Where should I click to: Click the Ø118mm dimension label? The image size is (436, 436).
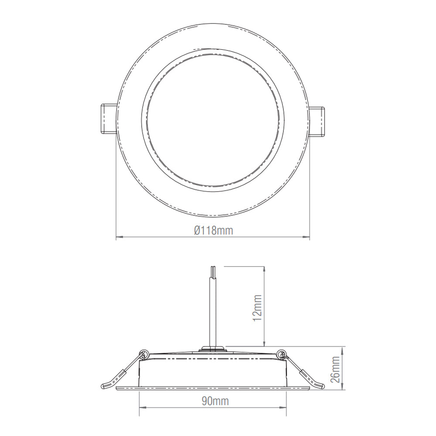pos(213,231)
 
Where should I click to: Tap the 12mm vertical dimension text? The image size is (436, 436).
pos(258,308)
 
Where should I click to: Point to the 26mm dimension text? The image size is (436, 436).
pos(335,369)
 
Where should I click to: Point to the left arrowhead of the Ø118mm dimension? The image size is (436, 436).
pos(118,238)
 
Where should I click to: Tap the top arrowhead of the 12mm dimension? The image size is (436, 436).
pos(265,268)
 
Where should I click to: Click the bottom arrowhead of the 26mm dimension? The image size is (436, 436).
pos(343,387)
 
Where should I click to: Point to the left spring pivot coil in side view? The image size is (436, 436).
pos(143,354)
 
